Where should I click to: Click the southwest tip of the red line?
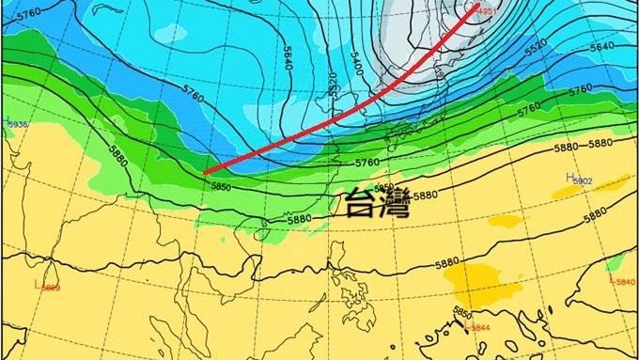(x=205, y=171)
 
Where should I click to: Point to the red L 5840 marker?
(x=622, y=281)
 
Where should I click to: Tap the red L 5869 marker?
(x=47, y=287)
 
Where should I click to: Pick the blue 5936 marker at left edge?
(x=16, y=123)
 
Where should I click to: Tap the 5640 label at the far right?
(x=601, y=45)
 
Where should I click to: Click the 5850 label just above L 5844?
(x=462, y=312)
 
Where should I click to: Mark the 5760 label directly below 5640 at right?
(x=580, y=88)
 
